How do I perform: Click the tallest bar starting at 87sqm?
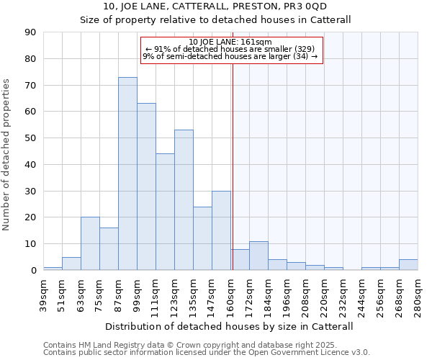coord(127,174)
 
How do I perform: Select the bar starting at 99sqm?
coord(146,186)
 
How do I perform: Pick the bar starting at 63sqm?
coord(90,243)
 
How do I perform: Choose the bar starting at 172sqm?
coord(258,256)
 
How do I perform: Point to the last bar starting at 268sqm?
coord(408,264)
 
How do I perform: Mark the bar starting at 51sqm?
coord(71,264)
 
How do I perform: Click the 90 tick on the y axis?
coord(31,32)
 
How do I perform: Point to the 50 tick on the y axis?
coord(31,138)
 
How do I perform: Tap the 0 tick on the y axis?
coord(34,270)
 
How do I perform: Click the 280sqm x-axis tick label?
coord(418,294)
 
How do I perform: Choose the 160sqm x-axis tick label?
coord(231,294)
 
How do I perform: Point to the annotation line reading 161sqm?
coord(230,42)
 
